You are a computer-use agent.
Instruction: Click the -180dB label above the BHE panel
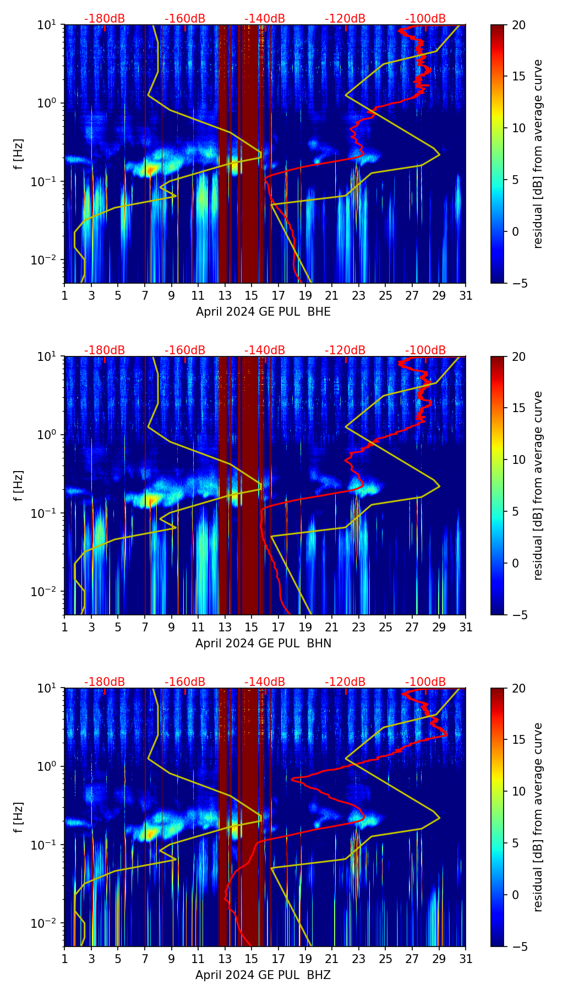(x=105, y=19)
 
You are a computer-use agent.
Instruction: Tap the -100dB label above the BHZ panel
(x=425, y=682)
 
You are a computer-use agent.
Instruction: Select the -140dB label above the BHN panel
(x=265, y=350)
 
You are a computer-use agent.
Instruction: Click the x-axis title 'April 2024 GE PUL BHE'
(x=263, y=312)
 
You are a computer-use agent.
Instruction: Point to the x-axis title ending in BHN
(x=263, y=643)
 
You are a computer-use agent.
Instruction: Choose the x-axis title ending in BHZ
(x=263, y=975)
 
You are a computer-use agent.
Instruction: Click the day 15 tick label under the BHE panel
(x=252, y=296)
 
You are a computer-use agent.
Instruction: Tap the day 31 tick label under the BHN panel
(x=466, y=628)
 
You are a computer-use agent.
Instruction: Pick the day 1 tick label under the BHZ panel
(x=65, y=959)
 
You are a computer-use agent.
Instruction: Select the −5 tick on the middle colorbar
(x=516, y=615)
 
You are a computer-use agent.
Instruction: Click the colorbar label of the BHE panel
(x=538, y=154)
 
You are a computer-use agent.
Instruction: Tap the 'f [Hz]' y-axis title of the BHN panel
(x=19, y=485)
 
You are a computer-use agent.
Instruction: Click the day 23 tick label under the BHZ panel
(x=358, y=959)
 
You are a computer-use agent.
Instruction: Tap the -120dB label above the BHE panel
(x=345, y=19)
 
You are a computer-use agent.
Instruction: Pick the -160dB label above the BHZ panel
(x=185, y=682)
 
